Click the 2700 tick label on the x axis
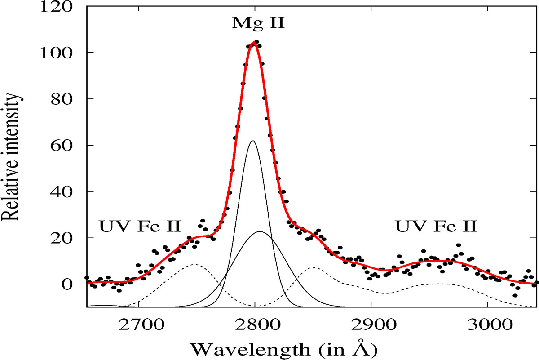(139, 322)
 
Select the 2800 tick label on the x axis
(255, 322)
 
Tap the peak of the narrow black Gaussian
(252, 141)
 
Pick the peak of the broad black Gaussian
(260, 232)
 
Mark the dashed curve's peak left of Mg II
(195, 264)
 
